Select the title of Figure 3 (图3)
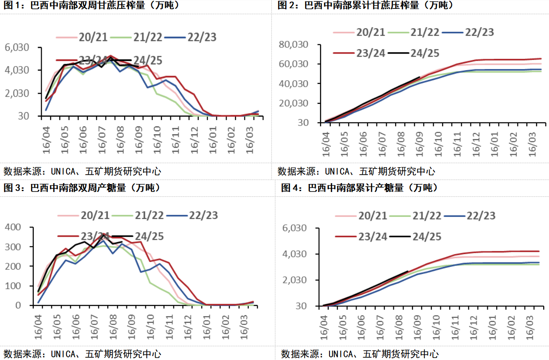click(82, 188)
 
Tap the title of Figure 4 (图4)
click(359, 188)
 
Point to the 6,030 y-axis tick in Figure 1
click(16, 47)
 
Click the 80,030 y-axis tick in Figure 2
click(293, 44)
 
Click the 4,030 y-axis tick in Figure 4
click(294, 254)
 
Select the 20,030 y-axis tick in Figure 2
click(293, 103)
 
